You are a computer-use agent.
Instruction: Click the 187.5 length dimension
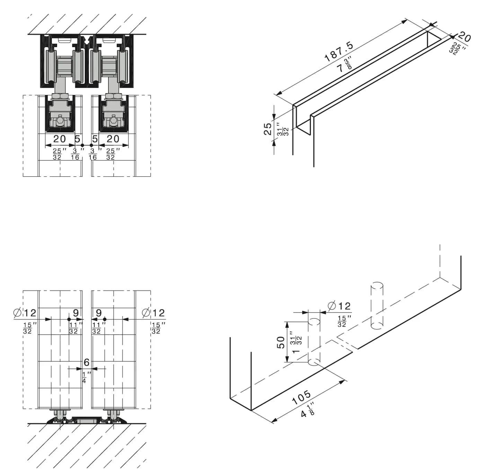coord(339,52)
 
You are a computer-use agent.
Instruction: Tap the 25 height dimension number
coord(267,129)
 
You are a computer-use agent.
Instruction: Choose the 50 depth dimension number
coord(281,342)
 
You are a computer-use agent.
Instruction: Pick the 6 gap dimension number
coord(87,362)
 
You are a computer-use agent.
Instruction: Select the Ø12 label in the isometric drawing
coord(339,306)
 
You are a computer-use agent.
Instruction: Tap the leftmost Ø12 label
coord(25,313)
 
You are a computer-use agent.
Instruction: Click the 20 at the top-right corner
coord(464,36)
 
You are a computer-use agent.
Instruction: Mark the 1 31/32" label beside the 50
coord(297,344)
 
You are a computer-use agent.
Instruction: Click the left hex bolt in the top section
coord(60,121)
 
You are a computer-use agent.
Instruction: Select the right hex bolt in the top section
coord(114,121)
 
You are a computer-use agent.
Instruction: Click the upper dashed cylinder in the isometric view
coord(377,305)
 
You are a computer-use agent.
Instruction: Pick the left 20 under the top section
coord(60,139)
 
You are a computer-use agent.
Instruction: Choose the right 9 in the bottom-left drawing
coord(99,313)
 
